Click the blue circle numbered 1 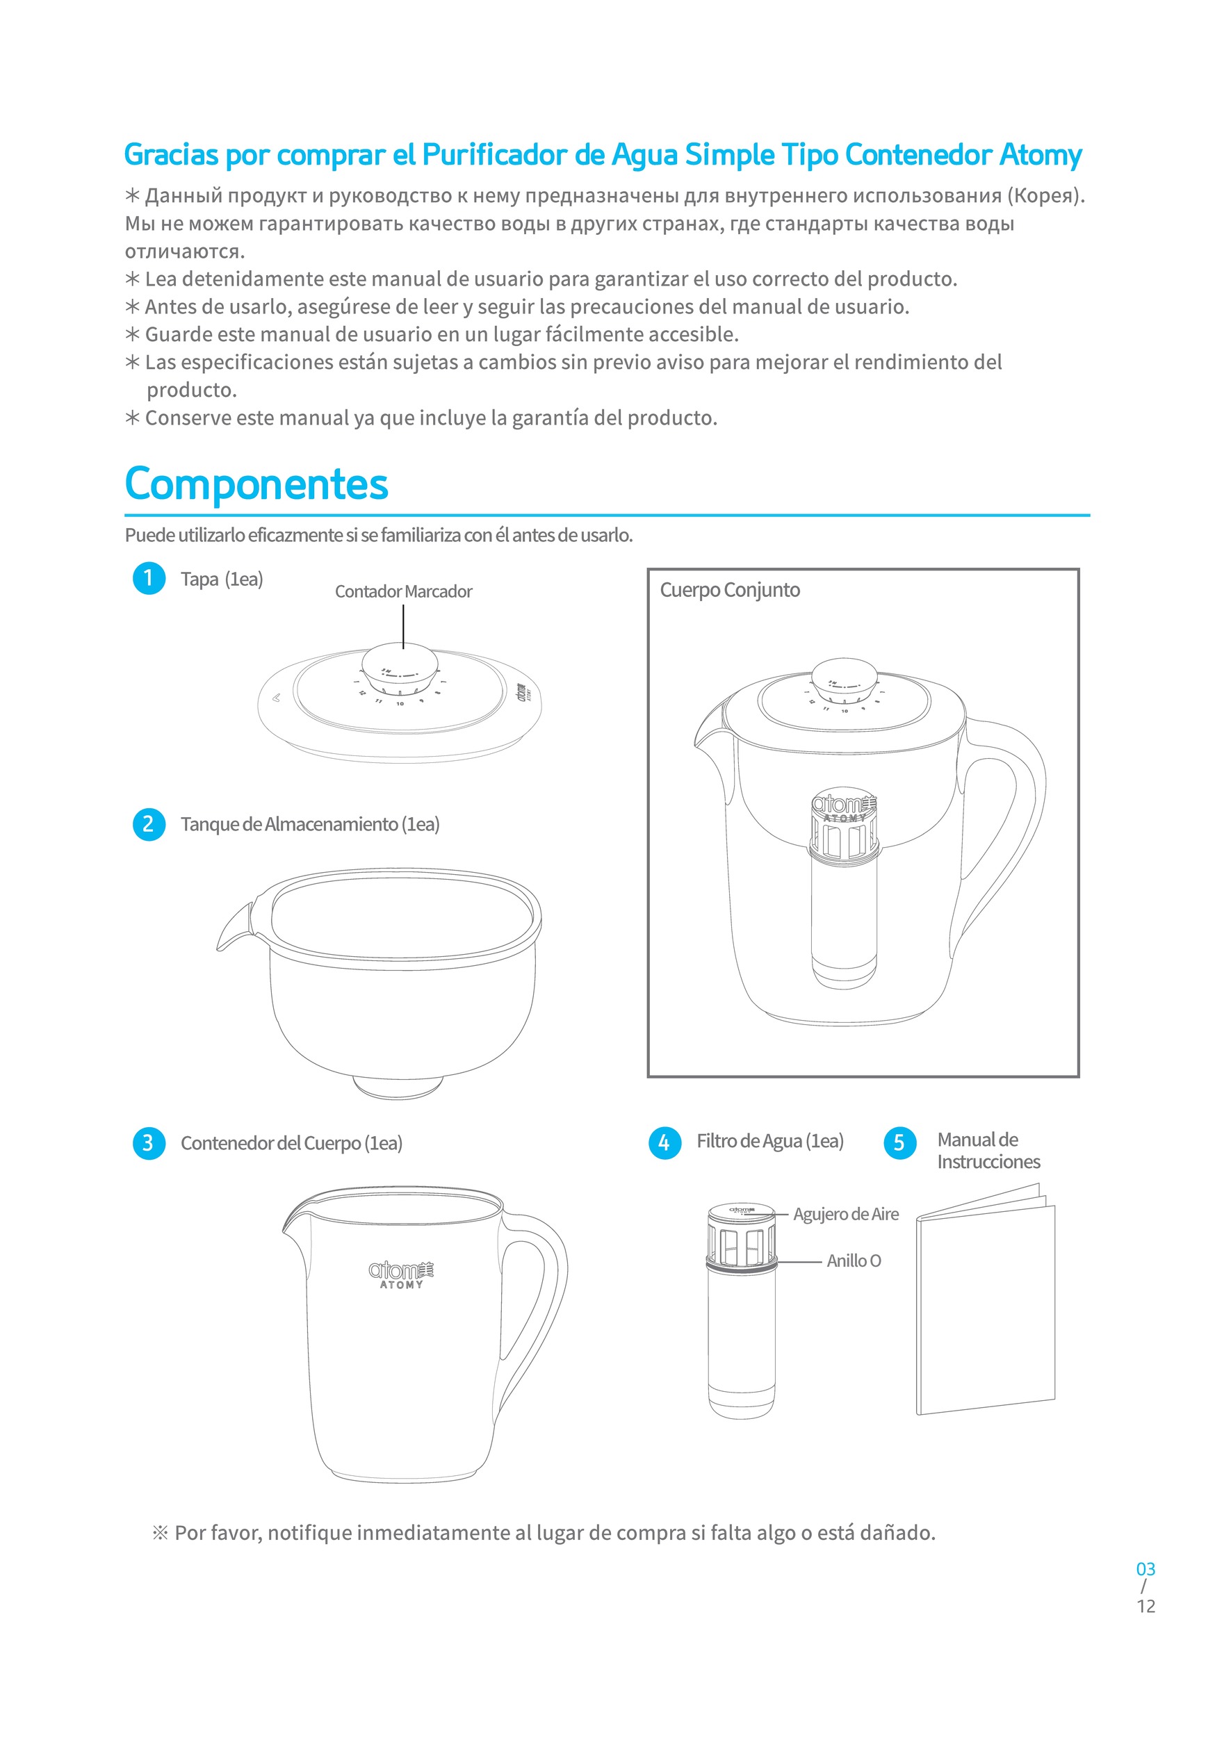click(x=149, y=578)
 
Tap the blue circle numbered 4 click(x=664, y=1143)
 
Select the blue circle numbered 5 click(x=899, y=1143)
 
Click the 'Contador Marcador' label click(x=403, y=591)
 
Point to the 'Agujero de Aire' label click(x=846, y=1214)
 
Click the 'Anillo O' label click(x=854, y=1261)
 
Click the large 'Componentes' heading click(x=256, y=484)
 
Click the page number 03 click(x=1145, y=1570)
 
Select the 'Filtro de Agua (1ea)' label click(x=769, y=1141)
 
